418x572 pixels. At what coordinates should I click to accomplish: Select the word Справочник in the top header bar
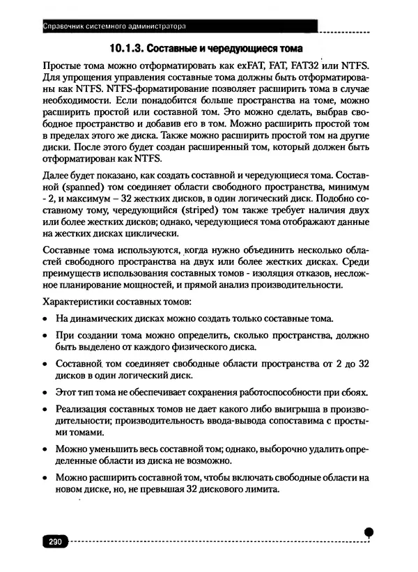(x=63, y=27)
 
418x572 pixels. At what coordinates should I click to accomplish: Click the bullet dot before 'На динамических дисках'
(x=45, y=320)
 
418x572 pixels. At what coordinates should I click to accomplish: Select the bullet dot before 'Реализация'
(x=45, y=411)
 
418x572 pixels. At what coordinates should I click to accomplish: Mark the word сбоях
(x=354, y=392)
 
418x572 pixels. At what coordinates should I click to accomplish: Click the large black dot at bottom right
(x=369, y=532)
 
